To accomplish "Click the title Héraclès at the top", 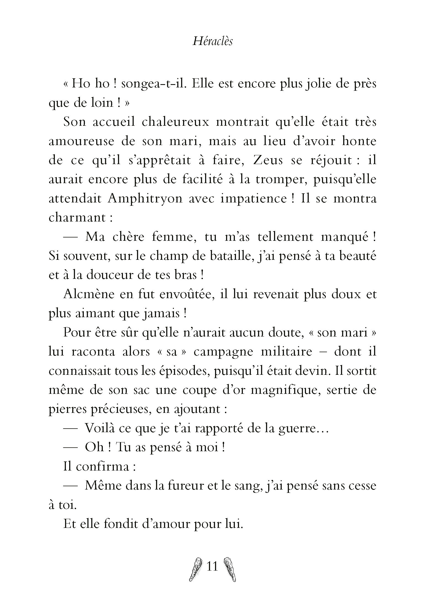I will click(x=213, y=42).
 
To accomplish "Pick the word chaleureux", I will click(x=175, y=122).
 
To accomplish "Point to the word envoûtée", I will click(x=181, y=295).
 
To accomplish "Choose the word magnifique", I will click(x=285, y=391).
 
